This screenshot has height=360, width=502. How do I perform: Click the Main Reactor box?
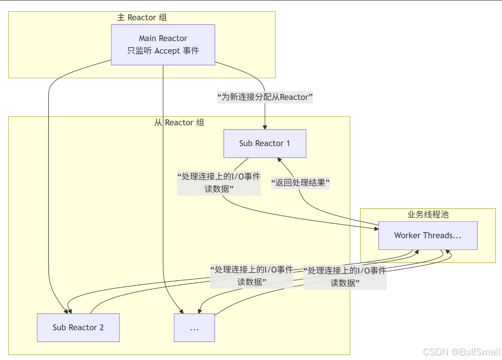(x=163, y=44)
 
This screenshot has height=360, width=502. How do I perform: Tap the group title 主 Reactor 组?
(x=142, y=17)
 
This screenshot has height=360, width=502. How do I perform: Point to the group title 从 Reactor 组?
(x=179, y=122)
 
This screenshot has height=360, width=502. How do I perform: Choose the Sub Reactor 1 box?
(x=265, y=144)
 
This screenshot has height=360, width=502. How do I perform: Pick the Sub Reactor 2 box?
(x=78, y=327)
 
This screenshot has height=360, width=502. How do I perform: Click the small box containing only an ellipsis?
(x=194, y=327)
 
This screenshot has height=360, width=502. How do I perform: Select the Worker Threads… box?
(x=428, y=235)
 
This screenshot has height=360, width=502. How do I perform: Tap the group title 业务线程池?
(x=428, y=214)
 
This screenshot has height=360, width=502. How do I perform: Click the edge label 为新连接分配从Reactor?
(x=265, y=97)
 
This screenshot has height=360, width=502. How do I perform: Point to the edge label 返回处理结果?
(x=300, y=182)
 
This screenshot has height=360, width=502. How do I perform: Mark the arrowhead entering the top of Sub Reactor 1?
(x=265, y=127)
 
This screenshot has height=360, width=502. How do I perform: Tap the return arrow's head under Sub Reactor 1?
(x=280, y=160)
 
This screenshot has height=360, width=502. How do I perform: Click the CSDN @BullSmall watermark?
(x=461, y=352)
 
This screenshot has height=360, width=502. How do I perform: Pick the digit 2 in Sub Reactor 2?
(x=101, y=327)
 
